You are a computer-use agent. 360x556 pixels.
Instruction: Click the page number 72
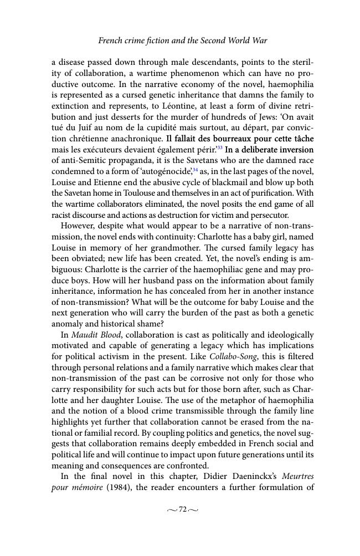click(x=182, y=510)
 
